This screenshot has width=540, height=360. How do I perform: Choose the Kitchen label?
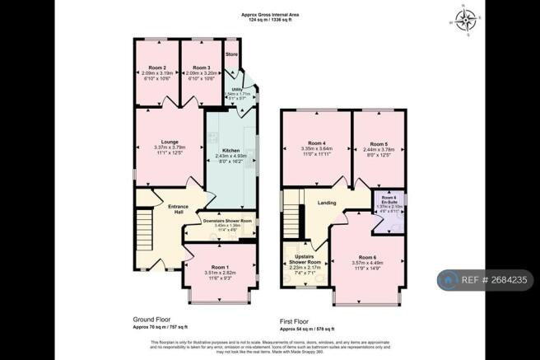tap(230, 150)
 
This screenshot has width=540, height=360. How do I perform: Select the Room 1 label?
tap(219, 267)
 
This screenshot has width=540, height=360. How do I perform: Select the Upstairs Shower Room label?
tap(305, 262)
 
